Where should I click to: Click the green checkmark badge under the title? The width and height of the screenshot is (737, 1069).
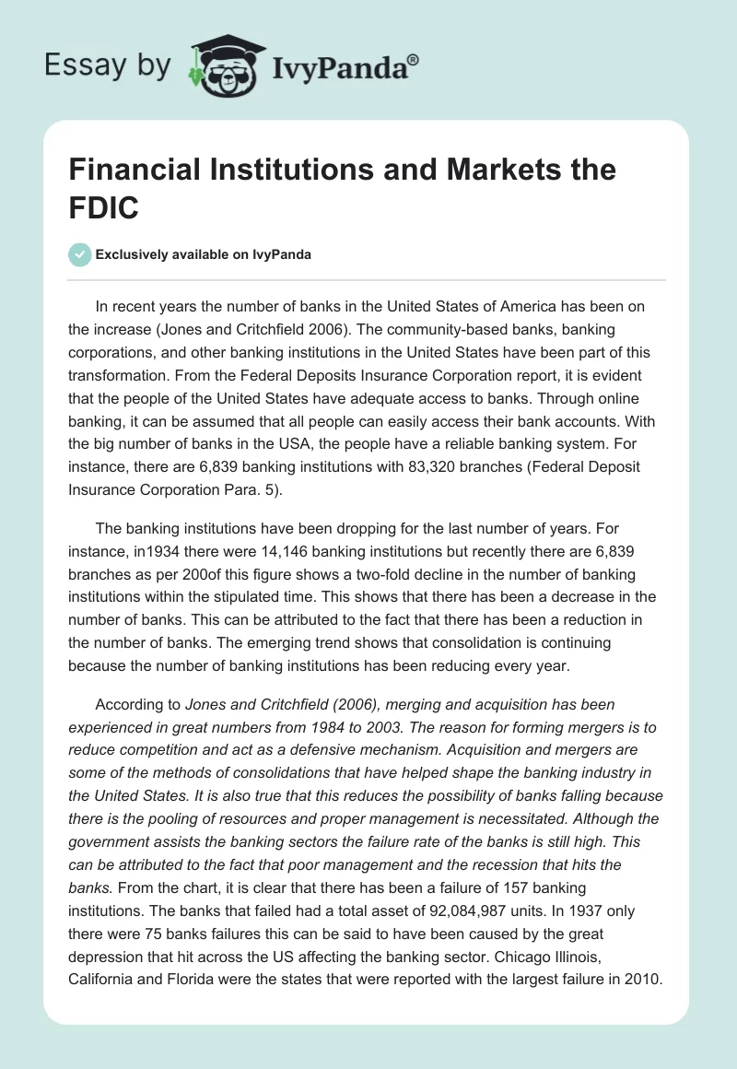(x=80, y=254)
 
